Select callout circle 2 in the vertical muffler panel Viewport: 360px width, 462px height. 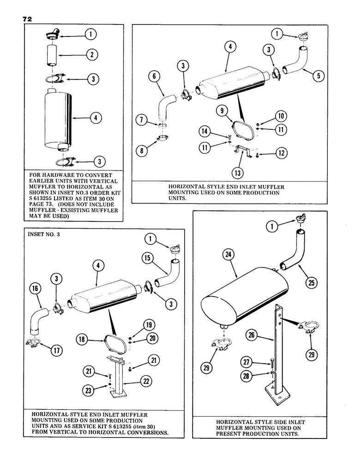[92, 55]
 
